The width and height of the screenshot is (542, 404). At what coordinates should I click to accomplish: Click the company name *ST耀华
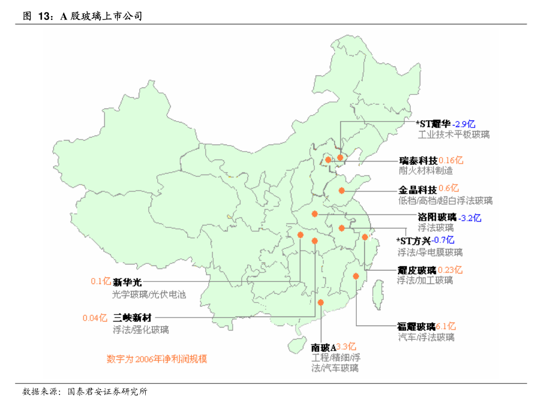433,124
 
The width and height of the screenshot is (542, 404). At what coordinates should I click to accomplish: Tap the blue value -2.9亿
464,124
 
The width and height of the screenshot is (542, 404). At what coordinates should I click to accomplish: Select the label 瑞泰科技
418,160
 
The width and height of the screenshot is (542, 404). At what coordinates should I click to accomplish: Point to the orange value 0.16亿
451,160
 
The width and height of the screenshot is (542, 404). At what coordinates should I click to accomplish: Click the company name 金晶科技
417,190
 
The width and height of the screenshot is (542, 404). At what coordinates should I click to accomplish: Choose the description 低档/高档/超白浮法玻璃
445,201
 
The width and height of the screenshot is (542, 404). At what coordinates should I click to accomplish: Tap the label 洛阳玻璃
437,217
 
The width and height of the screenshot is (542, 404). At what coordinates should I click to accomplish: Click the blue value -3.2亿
470,218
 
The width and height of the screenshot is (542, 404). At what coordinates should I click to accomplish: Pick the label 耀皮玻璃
417,270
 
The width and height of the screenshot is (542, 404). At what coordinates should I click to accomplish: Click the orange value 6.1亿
446,326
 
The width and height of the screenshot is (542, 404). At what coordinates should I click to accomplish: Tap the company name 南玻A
323,347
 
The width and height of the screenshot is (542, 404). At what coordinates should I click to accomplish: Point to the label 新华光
127,282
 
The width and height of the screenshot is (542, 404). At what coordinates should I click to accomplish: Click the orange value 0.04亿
95,317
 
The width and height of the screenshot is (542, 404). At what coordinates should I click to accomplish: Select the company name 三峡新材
132,317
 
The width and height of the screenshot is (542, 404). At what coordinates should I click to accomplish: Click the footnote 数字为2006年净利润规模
157,359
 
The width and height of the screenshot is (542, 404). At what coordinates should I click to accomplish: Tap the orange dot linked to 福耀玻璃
356,276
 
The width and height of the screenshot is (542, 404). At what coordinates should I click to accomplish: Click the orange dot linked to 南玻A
320,302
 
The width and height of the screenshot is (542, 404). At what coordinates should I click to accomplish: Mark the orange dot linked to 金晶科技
341,190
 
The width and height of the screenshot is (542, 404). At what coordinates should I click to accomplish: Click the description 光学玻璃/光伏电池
149,294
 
